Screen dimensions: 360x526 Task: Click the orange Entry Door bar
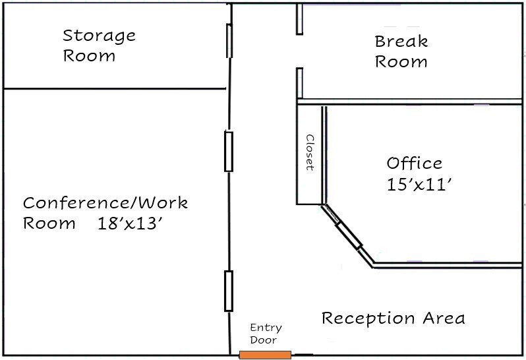click(x=264, y=355)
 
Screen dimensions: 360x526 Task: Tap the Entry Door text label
click(x=265, y=334)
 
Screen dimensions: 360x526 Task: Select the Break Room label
click(x=401, y=52)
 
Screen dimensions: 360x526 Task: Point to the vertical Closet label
click(x=309, y=153)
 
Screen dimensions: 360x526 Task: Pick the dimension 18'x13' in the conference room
click(x=130, y=223)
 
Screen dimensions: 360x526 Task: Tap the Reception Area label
click(x=393, y=318)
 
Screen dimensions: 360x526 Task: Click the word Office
click(x=415, y=163)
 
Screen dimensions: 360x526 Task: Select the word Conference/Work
click(x=105, y=202)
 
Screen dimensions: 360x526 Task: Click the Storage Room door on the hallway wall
click(x=229, y=40)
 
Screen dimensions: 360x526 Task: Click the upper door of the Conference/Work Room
click(x=229, y=152)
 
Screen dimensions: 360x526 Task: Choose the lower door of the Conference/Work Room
click(x=228, y=291)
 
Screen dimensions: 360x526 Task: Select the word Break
click(x=401, y=42)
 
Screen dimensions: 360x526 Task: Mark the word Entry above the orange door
click(x=265, y=328)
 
